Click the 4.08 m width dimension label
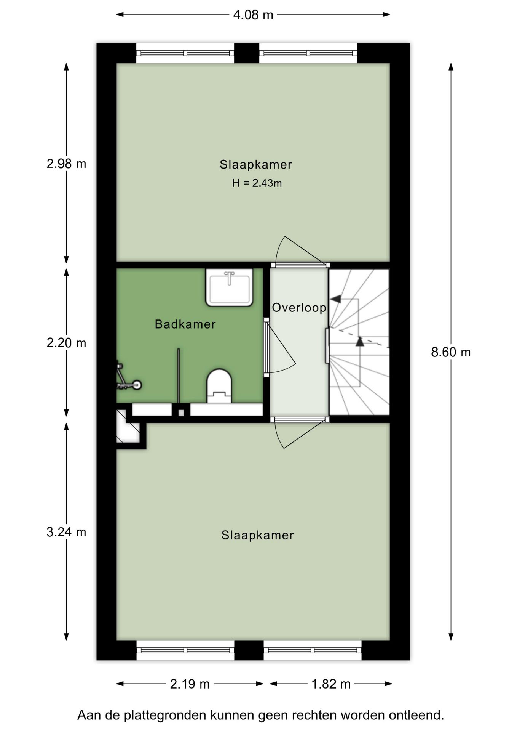tap(253, 15)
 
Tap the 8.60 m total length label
tap(450, 352)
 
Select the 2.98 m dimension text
tap(66, 164)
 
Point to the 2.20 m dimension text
tap(66, 343)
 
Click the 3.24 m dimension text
tap(66, 531)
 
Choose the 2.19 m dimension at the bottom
tap(190, 684)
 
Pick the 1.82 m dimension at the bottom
tap(331, 684)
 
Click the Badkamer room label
tap(185, 324)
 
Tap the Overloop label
tap(299, 307)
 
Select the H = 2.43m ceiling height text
tap(257, 183)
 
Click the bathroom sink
tap(229, 287)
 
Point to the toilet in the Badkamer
tap(219, 385)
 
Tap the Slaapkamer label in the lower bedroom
tap(257, 535)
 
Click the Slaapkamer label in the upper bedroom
tap(256, 164)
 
